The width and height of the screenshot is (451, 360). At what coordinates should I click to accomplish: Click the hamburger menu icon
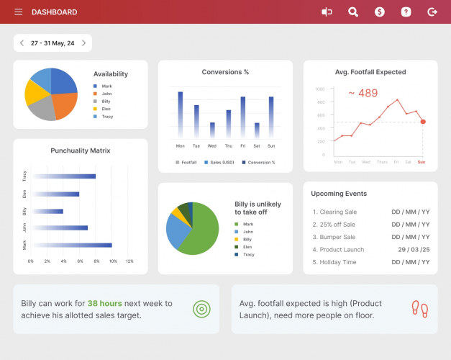(18, 12)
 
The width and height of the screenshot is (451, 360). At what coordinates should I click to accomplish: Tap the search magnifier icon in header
(352, 12)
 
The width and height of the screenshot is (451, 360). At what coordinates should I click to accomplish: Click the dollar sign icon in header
(379, 12)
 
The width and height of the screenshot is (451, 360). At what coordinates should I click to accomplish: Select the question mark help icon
(406, 12)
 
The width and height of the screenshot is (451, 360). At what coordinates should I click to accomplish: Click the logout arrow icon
(432, 12)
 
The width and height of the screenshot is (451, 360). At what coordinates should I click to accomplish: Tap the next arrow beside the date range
(83, 43)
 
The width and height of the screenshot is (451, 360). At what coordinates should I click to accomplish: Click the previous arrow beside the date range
(22, 43)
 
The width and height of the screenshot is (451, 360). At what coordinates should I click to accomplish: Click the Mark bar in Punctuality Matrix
(71, 245)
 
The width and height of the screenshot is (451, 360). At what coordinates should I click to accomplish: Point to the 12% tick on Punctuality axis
(129, 261)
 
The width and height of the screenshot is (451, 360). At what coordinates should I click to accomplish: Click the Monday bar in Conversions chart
(180, 115)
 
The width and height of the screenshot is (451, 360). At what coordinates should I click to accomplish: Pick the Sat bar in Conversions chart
(256, 130)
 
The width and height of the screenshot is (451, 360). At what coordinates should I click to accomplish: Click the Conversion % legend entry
(259, 163)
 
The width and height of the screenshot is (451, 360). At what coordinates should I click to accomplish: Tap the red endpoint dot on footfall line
(423, 122)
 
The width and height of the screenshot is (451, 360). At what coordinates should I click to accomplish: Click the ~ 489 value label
(363, 93)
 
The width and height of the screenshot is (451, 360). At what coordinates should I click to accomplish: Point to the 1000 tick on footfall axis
(320, 89)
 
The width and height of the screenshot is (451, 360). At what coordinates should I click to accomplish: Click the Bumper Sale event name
(337, 237)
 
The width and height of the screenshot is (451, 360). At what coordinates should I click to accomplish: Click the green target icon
(201, 309)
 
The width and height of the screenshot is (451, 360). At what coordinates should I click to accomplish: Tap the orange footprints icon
(419, 309)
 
